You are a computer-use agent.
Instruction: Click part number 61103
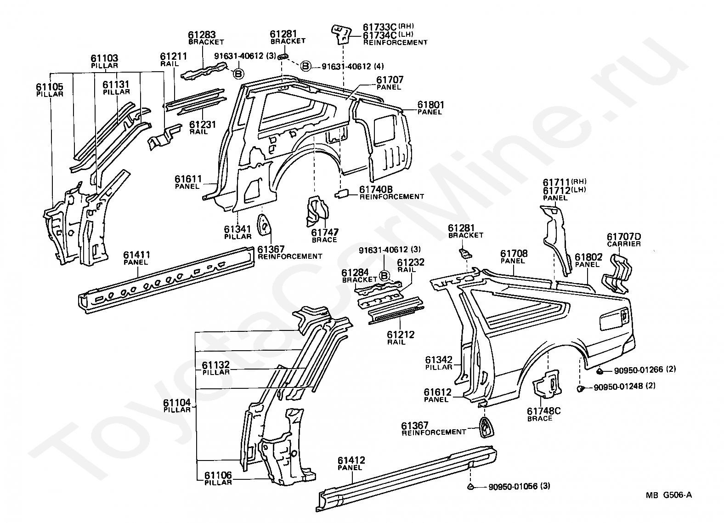[x=104, y=58]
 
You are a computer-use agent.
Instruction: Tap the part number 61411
[x=137, y=255]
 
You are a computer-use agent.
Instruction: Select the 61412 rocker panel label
[x=351, y=460]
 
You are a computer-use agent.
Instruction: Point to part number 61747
[x=325, y=233]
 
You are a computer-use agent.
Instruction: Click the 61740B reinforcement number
[x=376, y=189]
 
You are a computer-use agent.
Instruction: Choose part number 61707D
[x=624, y=237]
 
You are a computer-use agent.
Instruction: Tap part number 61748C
[x=543, y=411]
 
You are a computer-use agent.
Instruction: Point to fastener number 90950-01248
[x=618, y=387]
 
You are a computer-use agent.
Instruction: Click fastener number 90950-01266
[x=639, y=370]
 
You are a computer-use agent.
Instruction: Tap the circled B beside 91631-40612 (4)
[x=305, y=66]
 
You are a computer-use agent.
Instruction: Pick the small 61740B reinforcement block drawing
[x=341, y=193]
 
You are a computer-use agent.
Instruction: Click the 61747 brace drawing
[x=317, y=211]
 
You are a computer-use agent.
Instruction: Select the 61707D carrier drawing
[x=617, y=273]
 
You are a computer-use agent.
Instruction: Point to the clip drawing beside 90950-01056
[x=470, y=486]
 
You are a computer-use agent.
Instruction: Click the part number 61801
[x=431, y=105]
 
